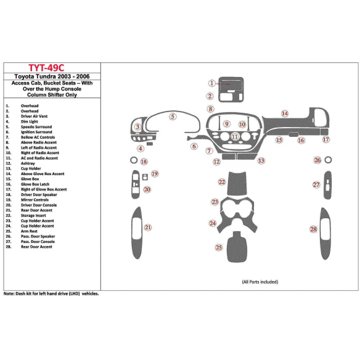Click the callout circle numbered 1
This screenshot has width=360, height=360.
[x=211, y=83]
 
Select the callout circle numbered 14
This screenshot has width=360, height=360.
[x=284, y=113]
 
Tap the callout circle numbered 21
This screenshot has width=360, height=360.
[x=148, y=228]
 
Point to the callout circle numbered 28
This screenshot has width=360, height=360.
[x=313, y=229]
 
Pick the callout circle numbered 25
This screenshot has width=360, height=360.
[x=218, y=247]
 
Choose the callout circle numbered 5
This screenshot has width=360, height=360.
[x=173, y=116]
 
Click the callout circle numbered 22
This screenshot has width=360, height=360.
[x=221, y=182]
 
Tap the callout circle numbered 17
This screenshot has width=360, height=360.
[x=325, y=139]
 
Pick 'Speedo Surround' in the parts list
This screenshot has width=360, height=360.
[x=36, y=126]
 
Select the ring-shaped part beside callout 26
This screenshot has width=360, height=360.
[x=328, y=160]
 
